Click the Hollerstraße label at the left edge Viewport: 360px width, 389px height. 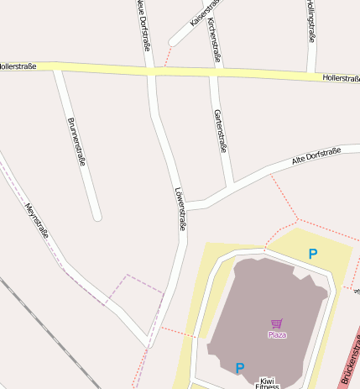pyautogui.click(x=18, y=65)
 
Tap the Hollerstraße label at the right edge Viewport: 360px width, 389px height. pyautogui.click(x=341, y=78)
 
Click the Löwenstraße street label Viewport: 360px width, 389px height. pyautogui.click(x=179, y=208)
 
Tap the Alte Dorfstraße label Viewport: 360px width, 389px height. pyautogui.click(x=316, y=155)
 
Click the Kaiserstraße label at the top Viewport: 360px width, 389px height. pyautogui.click(x=204, y=12)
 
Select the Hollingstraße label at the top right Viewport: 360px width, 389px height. pyautogui.click(x=310, y=20)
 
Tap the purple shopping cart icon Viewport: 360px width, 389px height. pyautogui.click(x=277, y=323)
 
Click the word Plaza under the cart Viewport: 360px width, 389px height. pyautogui.click(x=277, y=334)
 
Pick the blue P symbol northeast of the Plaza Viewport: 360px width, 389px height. pyautogui.click(x=313, y=254)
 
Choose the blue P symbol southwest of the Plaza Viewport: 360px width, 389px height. pyautogui.click(x=239, y=367)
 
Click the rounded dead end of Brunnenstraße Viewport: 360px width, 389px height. pyautogui.click(x=97, y=217)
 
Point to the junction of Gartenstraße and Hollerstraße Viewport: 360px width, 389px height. pyautogui.click(x=214, y=74)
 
